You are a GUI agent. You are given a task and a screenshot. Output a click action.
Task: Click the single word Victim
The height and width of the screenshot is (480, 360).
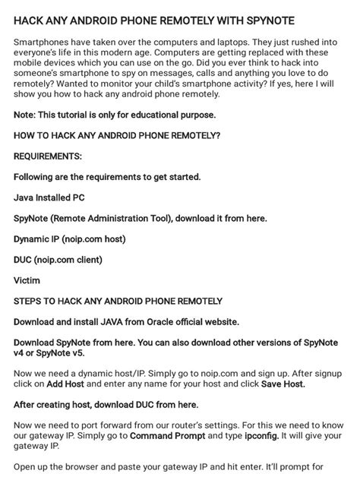[x=27, y=280]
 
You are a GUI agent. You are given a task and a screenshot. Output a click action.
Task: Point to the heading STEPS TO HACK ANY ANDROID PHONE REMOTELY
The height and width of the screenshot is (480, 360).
[x=118, y=301]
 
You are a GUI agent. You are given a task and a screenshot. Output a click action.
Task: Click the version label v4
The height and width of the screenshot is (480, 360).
[x=20, y=353]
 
